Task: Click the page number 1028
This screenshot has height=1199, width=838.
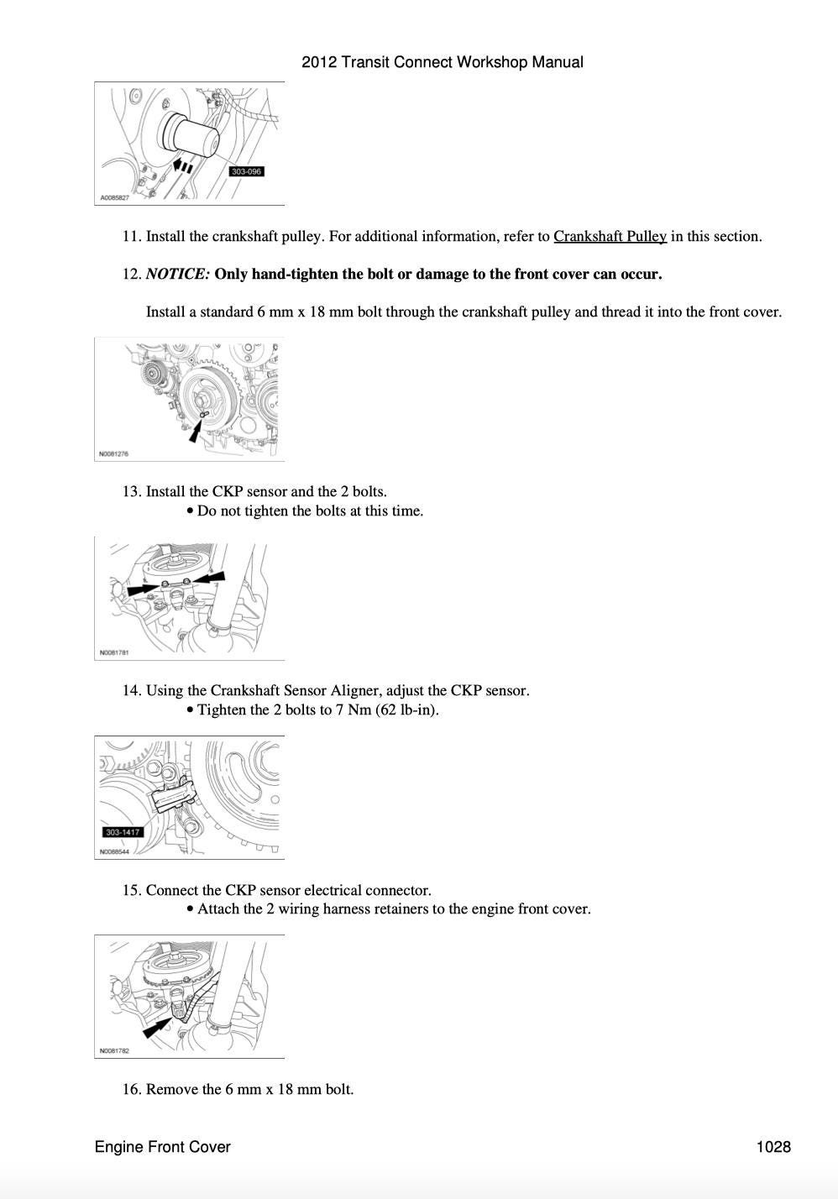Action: [x=773, y=1147]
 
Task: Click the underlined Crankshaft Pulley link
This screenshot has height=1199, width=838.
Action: [x=610, y=237]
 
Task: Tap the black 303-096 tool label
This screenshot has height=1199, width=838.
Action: [x=246, y=171]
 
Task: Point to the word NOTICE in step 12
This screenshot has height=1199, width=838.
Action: [x=177, y=275]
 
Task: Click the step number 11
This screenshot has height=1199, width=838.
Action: [x=131, y=237]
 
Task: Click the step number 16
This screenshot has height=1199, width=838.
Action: [x=131, y=1090]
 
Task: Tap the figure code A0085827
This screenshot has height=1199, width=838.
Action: [x=115, y=198]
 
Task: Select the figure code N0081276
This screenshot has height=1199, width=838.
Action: [x=113, y=454]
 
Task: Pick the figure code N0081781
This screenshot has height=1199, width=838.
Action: [x=113, y=652]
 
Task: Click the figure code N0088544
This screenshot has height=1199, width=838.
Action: [x=113, y=851]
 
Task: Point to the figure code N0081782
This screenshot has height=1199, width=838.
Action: [x=113, y=1051]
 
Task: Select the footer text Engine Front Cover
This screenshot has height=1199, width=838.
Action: [x=162, y=1147]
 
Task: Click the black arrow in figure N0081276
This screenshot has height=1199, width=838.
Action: [x=196, y=432]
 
